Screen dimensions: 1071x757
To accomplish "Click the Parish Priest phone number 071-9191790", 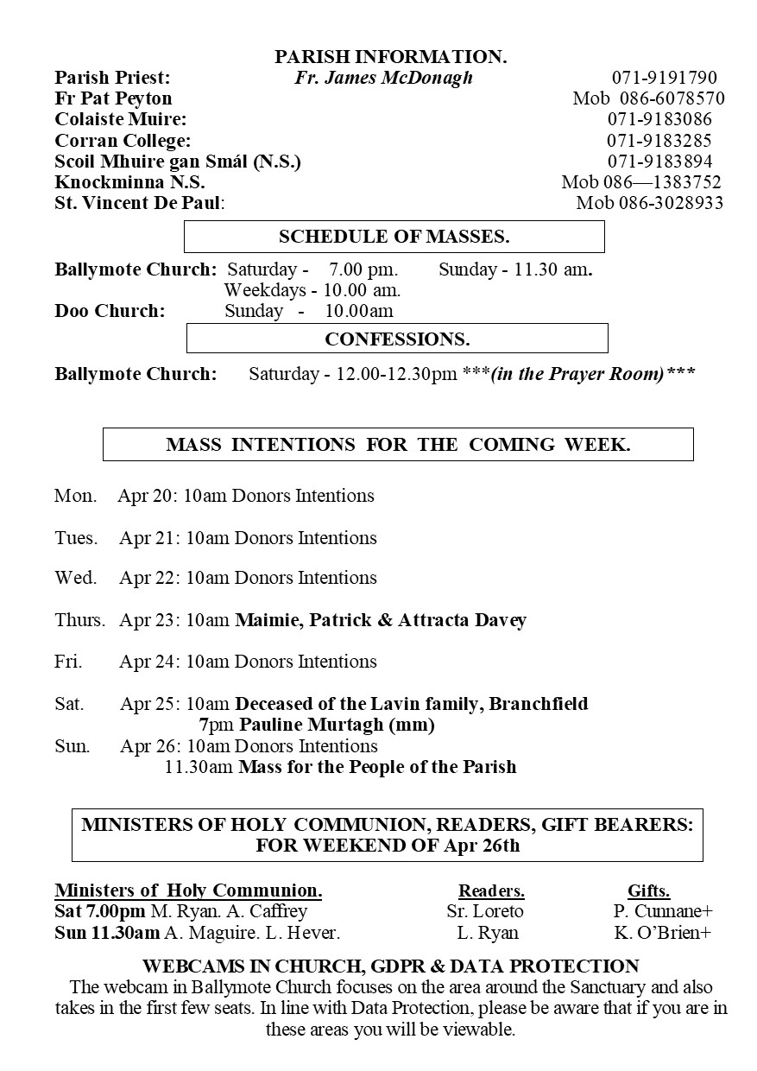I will point(664,78).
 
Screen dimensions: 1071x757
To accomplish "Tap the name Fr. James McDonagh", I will point(383,78).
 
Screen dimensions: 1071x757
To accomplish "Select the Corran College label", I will point(123,141).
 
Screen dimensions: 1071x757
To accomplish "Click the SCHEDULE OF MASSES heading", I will point(394,237).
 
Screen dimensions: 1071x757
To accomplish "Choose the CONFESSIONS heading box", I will point(397,339).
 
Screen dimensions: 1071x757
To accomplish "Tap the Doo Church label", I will point(110,311).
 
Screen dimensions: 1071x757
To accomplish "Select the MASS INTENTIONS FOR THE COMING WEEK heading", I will point(398,445).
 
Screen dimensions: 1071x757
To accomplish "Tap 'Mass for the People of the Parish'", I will point(377,767).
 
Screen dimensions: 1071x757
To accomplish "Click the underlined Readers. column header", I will point(491,891).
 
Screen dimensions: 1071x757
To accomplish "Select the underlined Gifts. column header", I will point(648,891).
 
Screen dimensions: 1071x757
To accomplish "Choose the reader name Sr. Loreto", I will point(485,911).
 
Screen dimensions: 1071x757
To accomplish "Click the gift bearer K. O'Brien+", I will point(662,933).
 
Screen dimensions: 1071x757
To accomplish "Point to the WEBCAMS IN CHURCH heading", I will point(390,966).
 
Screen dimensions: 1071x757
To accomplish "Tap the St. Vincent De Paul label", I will point(140,204).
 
